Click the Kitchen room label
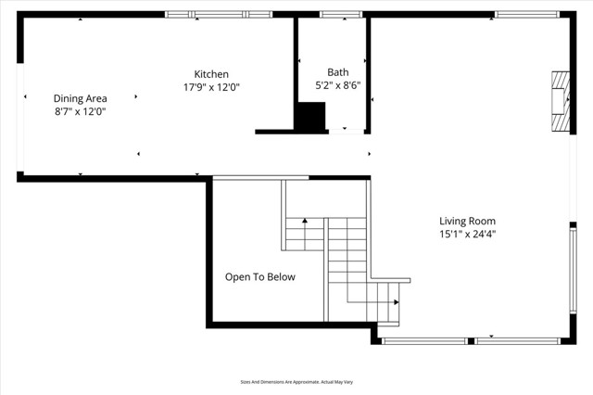(211, 74)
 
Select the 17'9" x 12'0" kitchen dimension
(211, 87)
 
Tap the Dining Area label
(80, 98)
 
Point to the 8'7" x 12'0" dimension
(80, 111)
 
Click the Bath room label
(338, 72)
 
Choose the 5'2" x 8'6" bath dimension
(338, 85)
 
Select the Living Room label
(467, 221)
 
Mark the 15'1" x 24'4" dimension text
(467, 235)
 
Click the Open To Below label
(260, 276)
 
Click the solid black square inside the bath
(310, 117)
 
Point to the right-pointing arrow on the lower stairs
(397, 302)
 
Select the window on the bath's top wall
(341, 15)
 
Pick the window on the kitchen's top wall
(219, 15)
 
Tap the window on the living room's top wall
(519, 15)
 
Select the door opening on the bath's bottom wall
(353, 131)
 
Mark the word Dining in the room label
(68, 98)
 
